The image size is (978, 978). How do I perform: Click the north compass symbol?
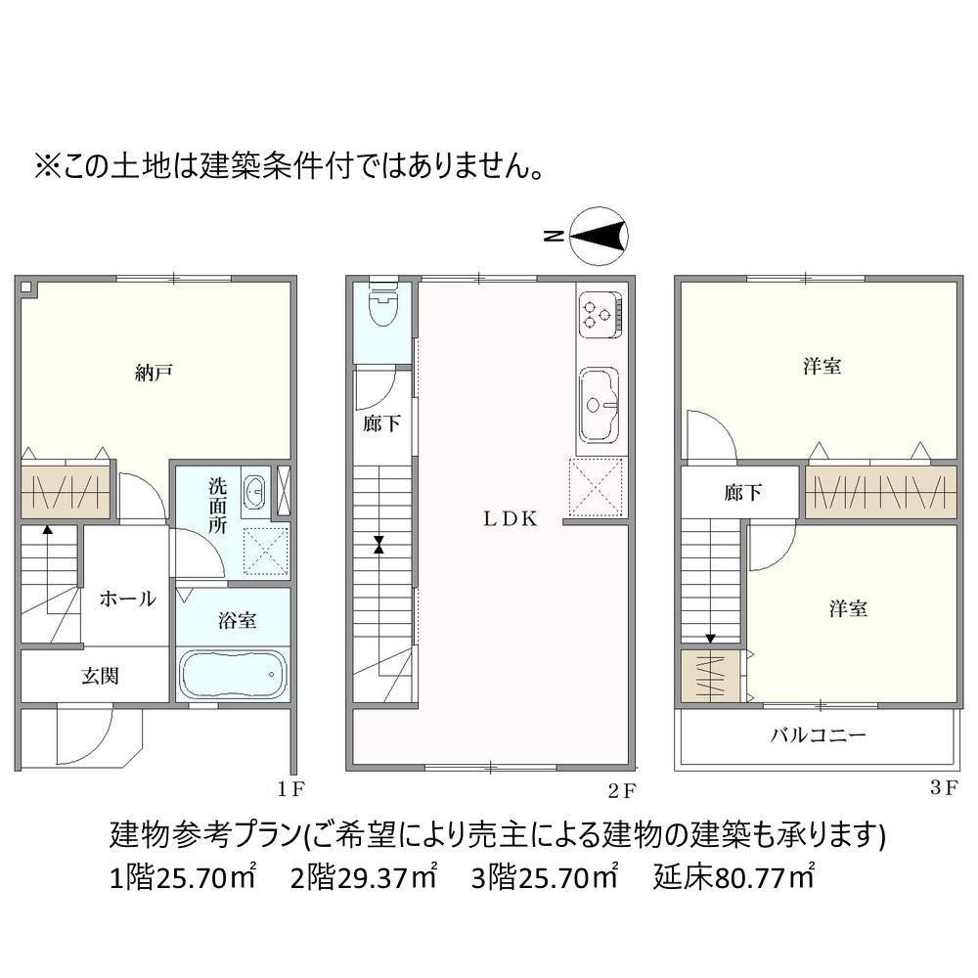[599, 236]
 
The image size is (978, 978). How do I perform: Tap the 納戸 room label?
[154, 373]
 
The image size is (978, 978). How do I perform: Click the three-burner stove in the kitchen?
[600, 314]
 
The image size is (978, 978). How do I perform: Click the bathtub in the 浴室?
[234, 674]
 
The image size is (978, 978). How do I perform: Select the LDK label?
[511, 519]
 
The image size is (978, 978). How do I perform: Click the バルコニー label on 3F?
[819, 734]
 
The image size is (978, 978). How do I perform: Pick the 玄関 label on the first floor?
[100, 676]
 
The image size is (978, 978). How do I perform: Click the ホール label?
[127, 599]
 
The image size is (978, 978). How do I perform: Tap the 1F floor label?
[290, 789]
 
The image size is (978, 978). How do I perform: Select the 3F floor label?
[944, 787]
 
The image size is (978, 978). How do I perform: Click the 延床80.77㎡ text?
[733, 877]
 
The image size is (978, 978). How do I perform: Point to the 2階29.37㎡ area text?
[364, 877]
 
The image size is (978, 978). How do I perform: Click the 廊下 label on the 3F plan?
[743, 493]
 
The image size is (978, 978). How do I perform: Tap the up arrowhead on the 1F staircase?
[47, 530]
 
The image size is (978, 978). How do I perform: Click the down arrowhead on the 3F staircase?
[710, 639]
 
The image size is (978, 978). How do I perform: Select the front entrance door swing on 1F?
[84, 734]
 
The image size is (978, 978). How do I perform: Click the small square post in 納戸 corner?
[25, 287]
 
